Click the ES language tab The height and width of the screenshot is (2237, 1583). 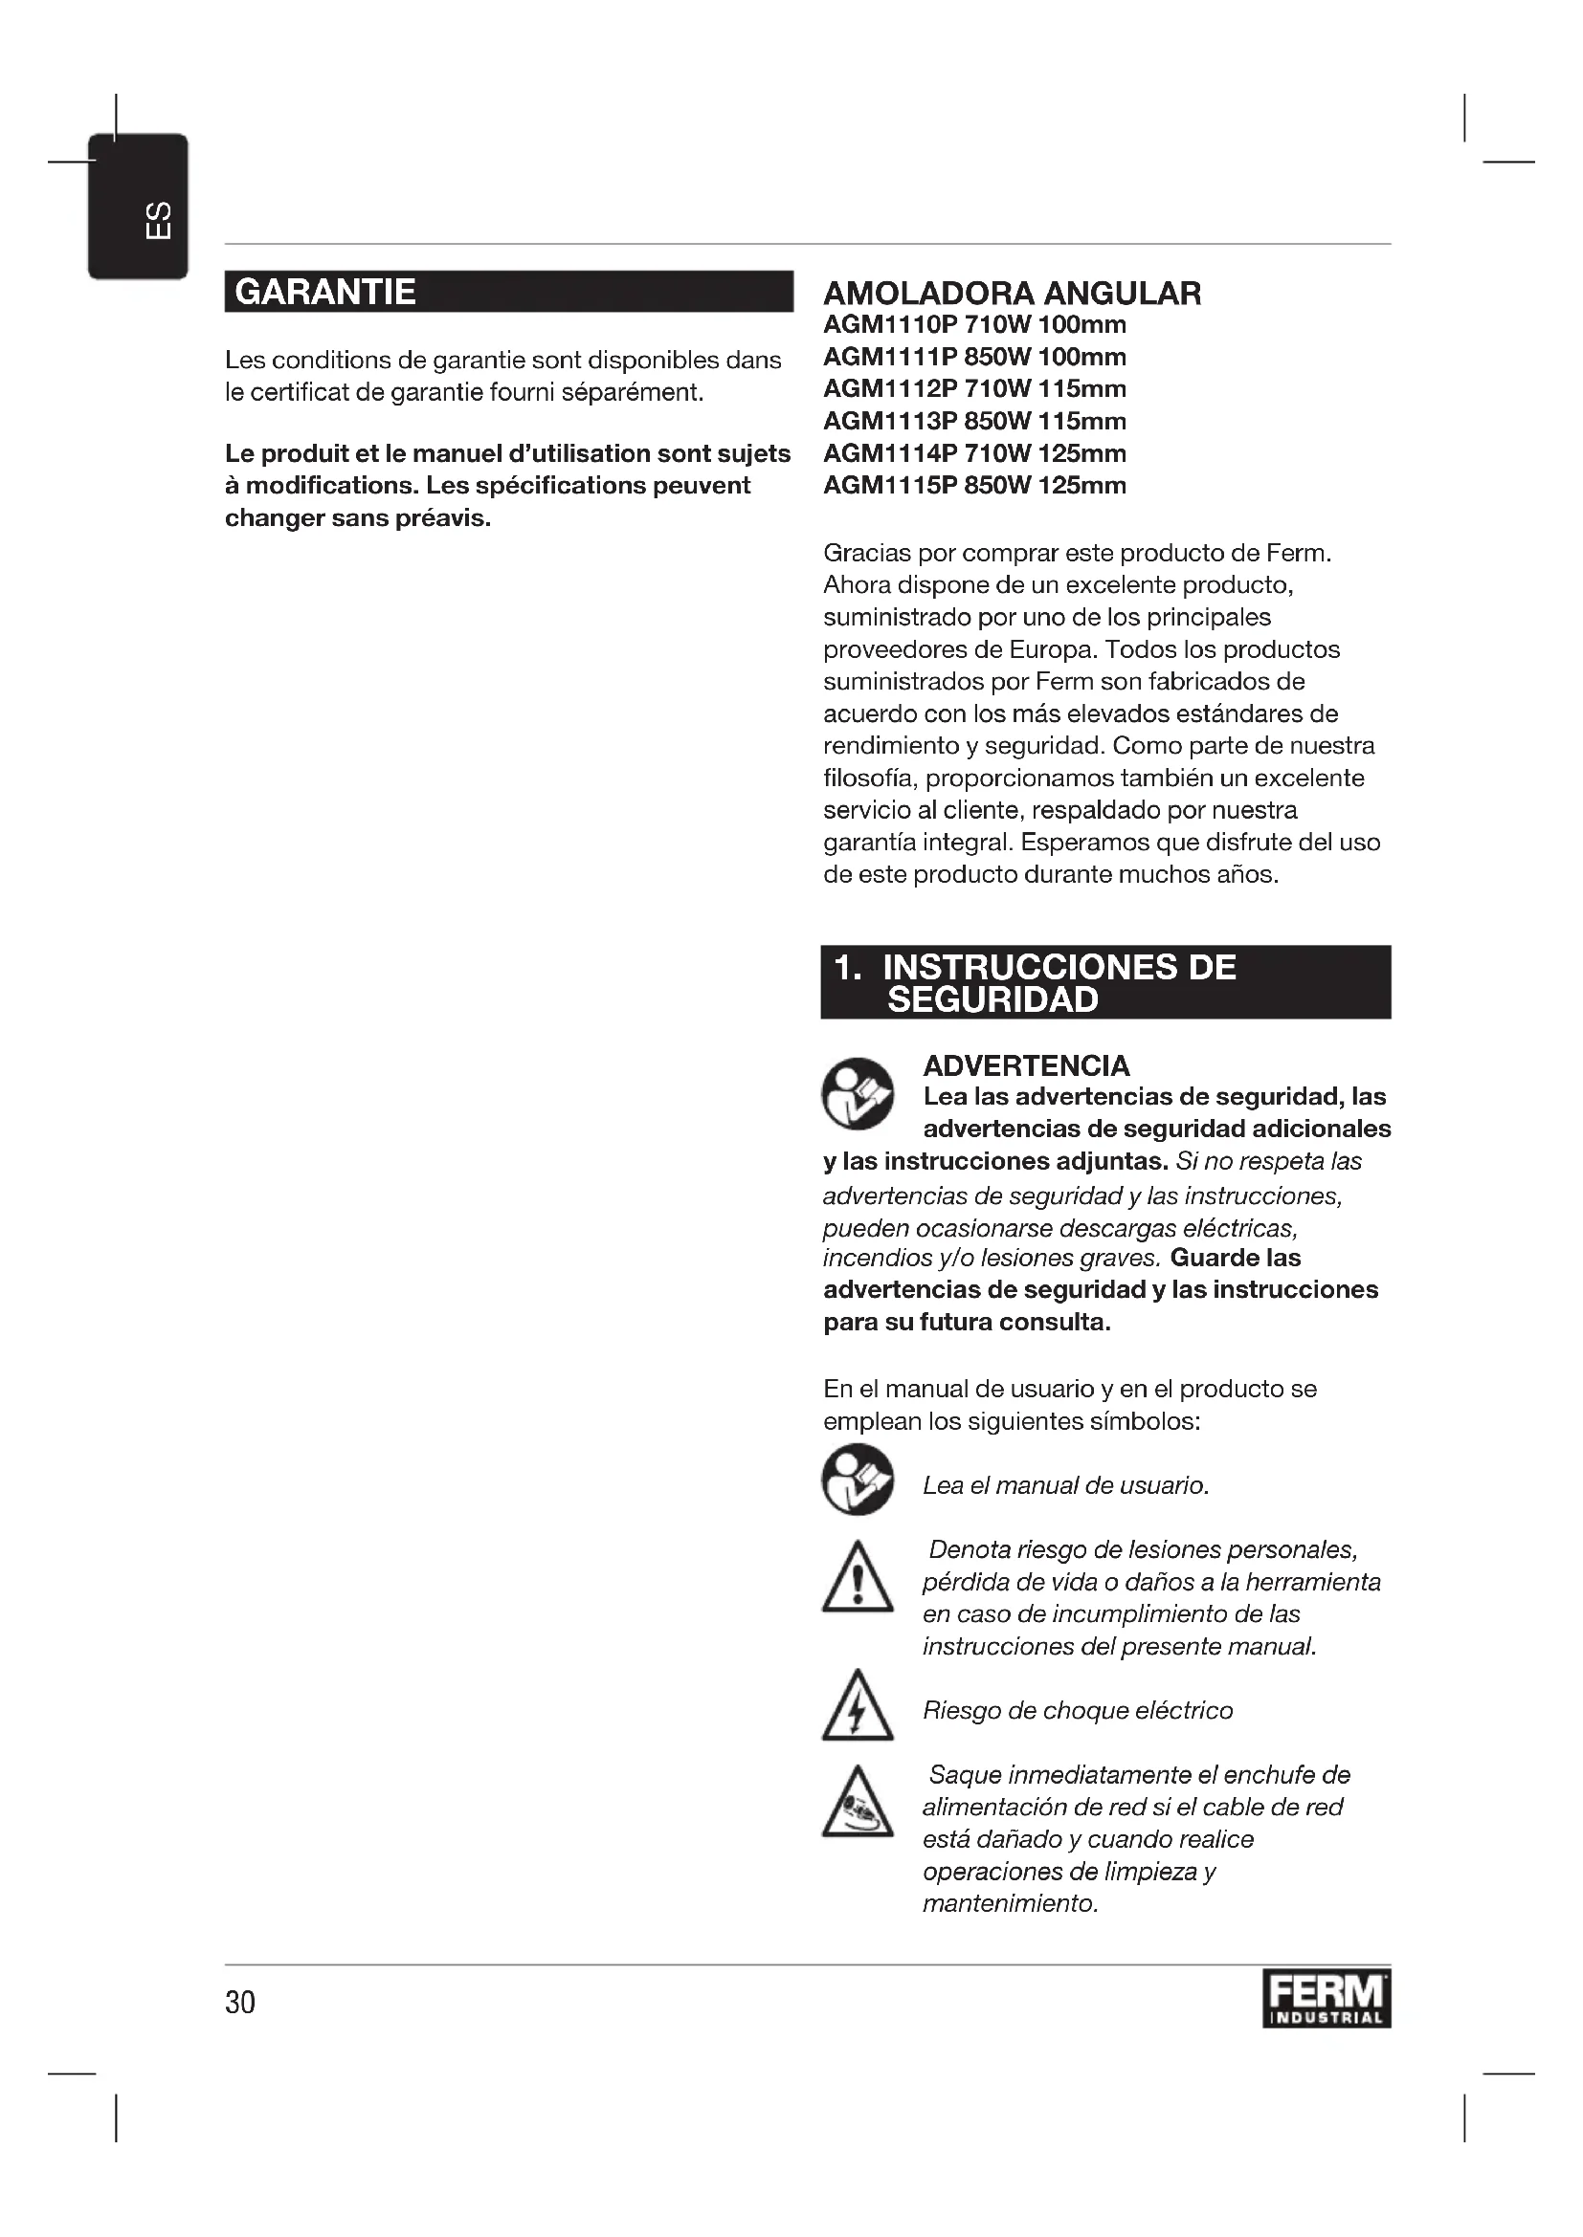[x=139, y=208]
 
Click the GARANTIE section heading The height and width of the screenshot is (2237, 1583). [x=325, y=292]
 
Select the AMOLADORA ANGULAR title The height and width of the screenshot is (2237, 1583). [x=1012, y=293]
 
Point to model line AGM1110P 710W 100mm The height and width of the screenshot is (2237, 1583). [x=973, y=324]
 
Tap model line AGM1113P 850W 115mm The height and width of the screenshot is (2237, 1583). [x=973, y=421]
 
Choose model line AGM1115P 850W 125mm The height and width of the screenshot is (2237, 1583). [x=973, y=485]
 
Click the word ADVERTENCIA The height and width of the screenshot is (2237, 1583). [x=1025, y=1064]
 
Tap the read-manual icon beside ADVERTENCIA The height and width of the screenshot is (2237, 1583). [x=857, y=1093]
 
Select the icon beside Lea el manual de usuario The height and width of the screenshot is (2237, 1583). [x=857, y=1479]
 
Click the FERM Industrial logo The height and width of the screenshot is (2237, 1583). [x=1326, y=1998]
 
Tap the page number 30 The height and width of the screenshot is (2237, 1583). [x=240, y=2002]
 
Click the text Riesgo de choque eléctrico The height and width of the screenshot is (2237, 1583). [x=1077, y=1711]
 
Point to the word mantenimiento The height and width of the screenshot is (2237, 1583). [x=1010, y=1904]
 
